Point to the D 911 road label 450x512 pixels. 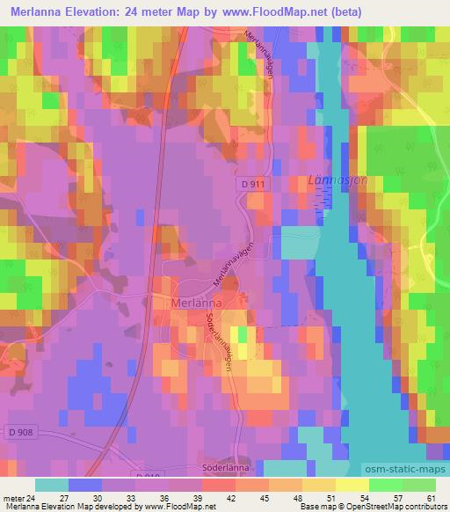tap(273, 181)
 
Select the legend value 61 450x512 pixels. tap(429, 497)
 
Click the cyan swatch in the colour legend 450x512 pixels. tap(52, 485)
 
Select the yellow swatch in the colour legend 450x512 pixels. tap(352, 485)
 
